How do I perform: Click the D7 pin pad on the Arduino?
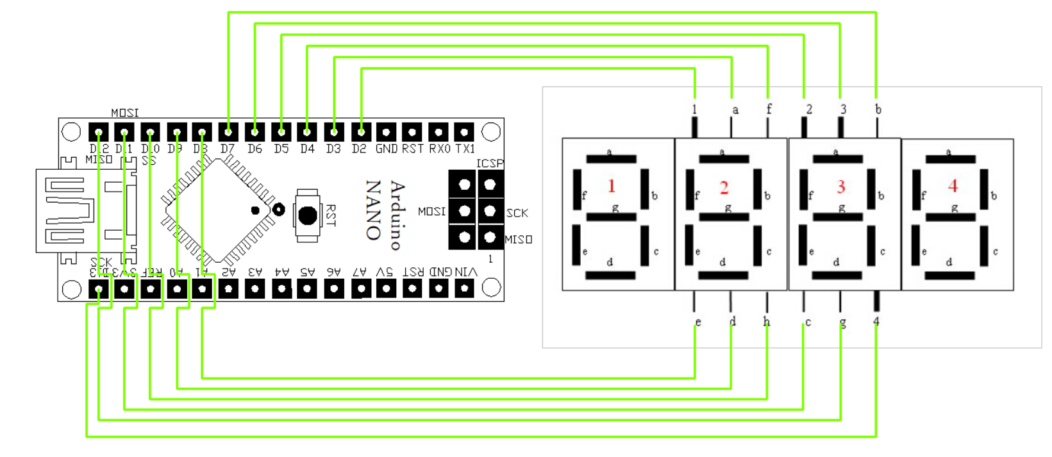(x=228, y=132)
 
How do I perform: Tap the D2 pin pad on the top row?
(x=361, y=132)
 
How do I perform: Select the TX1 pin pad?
(x=464, y=132)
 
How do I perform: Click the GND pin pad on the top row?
(x=386, y=132)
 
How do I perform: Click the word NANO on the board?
(x=374, y=210)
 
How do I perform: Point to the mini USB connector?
(x=64, y=210)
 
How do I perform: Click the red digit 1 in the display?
(x=612, y=187)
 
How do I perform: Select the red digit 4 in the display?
(x=953, y=187)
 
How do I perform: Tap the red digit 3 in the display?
(x=840, y=187)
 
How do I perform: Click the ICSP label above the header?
(x=490, y=163)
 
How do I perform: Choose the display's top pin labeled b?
(x=877, y=126)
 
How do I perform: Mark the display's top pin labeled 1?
(x=694, y=126)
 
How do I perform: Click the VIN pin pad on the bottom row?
(x=464, y=289)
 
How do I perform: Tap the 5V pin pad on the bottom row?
(x=386, y=289)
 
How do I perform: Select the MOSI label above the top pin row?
(x=124, y=113)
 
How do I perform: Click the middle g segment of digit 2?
(x=724, y=217)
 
